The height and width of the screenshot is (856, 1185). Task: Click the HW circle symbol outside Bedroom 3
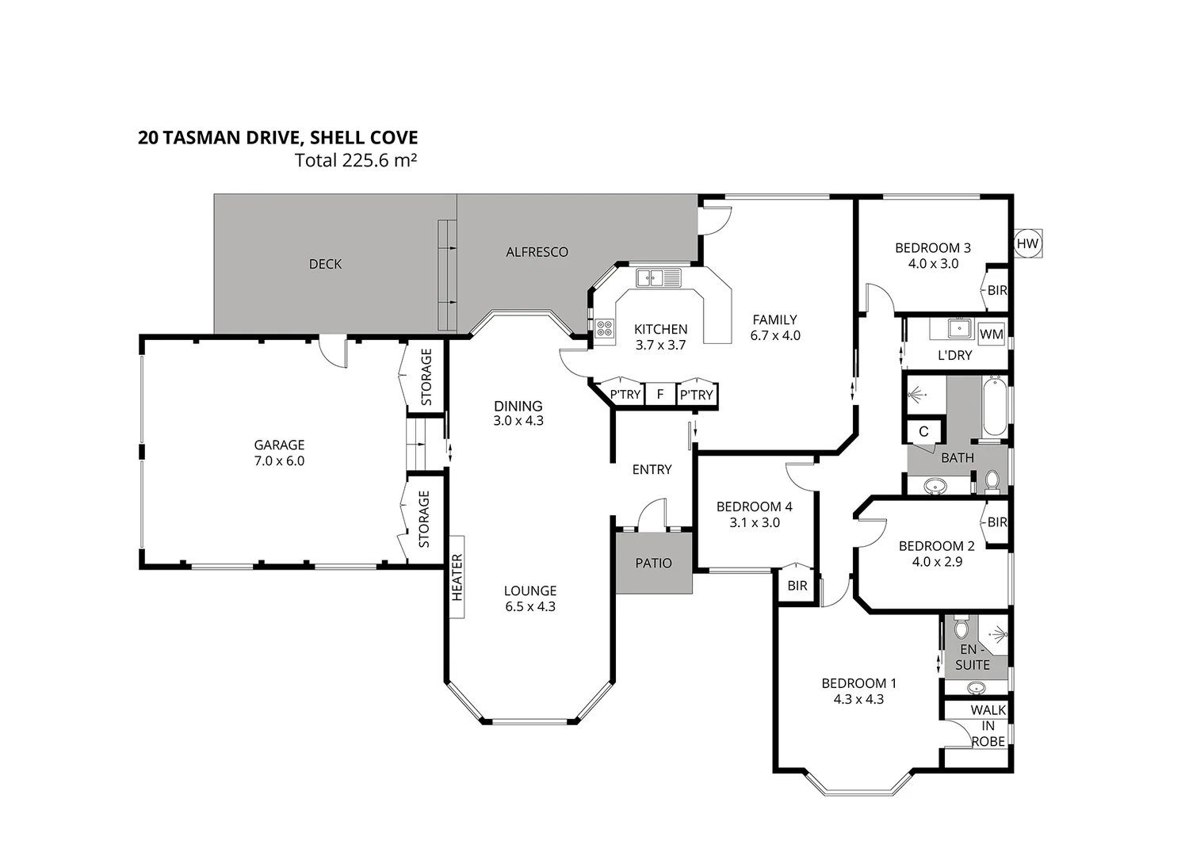(x=1027, y=244)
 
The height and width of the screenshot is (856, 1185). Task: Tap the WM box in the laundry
(x=991, y=334)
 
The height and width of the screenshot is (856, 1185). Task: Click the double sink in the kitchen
(x=659, y=277)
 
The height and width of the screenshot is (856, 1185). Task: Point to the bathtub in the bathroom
(x=993, y=408)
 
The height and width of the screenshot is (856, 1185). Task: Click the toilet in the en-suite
(x=961, y=629)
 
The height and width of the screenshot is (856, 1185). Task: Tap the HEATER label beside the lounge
(x=457, y=576)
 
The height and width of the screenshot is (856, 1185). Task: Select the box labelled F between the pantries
(x=659, y=395)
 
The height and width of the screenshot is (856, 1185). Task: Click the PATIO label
(x=654, y=564)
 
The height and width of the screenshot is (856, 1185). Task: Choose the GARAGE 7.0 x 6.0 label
(x=279, y=453)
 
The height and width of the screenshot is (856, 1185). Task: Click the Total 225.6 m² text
(x=356, y=160)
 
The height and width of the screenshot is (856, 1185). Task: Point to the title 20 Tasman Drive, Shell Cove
(x=277, y=138)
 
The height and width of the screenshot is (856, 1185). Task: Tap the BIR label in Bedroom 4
(x=797, y=586)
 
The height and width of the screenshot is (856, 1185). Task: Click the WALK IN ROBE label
(x=988, y=726)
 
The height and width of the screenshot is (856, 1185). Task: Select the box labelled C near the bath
(x=923, y=432)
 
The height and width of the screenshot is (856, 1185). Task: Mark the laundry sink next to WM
(x=961, y=328)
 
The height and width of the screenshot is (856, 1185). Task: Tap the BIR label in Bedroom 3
(x=997, y=291)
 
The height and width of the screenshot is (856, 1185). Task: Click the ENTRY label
(x=652, y=470)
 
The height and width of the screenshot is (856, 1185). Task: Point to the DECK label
(x=325, y=264)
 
